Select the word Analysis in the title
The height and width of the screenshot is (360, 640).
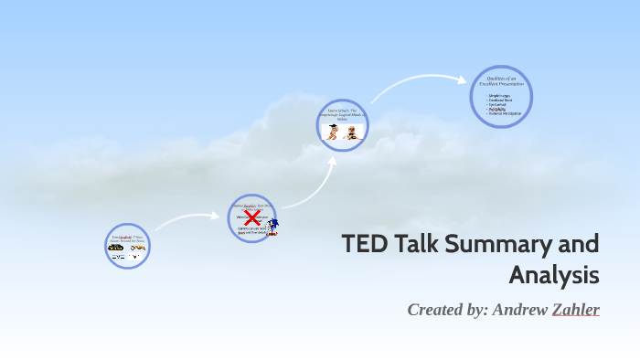(554, 274)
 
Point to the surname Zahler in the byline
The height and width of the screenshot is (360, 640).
(575, 310)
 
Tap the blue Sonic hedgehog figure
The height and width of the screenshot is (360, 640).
(272, 225)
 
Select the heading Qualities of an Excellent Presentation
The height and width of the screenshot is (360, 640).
(501, 81)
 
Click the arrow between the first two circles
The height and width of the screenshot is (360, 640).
(187, 219)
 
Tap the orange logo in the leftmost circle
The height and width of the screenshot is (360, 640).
(138, 248)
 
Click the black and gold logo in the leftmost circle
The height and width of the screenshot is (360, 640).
(117, 248)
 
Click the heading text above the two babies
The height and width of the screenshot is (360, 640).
(343, 115)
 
